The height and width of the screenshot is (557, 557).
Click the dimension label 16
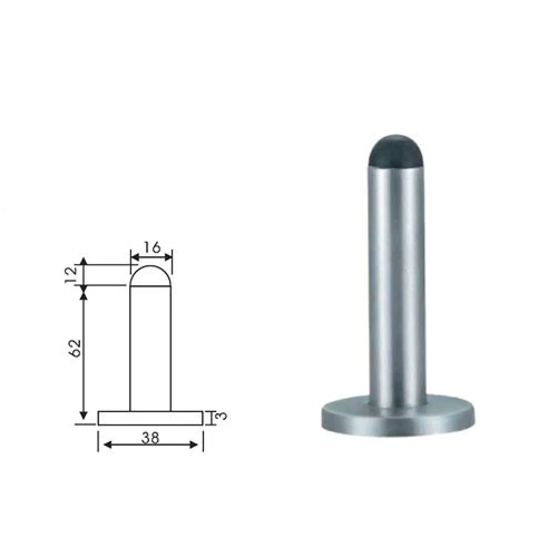[153, 247]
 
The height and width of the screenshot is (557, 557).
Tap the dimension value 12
[71, 275]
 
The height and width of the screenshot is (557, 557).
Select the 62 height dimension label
[75, 348]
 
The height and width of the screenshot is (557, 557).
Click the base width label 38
[150, 438]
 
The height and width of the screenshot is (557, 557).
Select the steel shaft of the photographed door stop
[397, 284]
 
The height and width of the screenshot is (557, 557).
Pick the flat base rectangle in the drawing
[150, 418]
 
